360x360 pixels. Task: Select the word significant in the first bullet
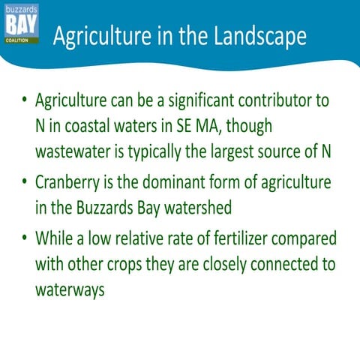(198, 101)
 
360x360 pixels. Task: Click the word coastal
(95, 124)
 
